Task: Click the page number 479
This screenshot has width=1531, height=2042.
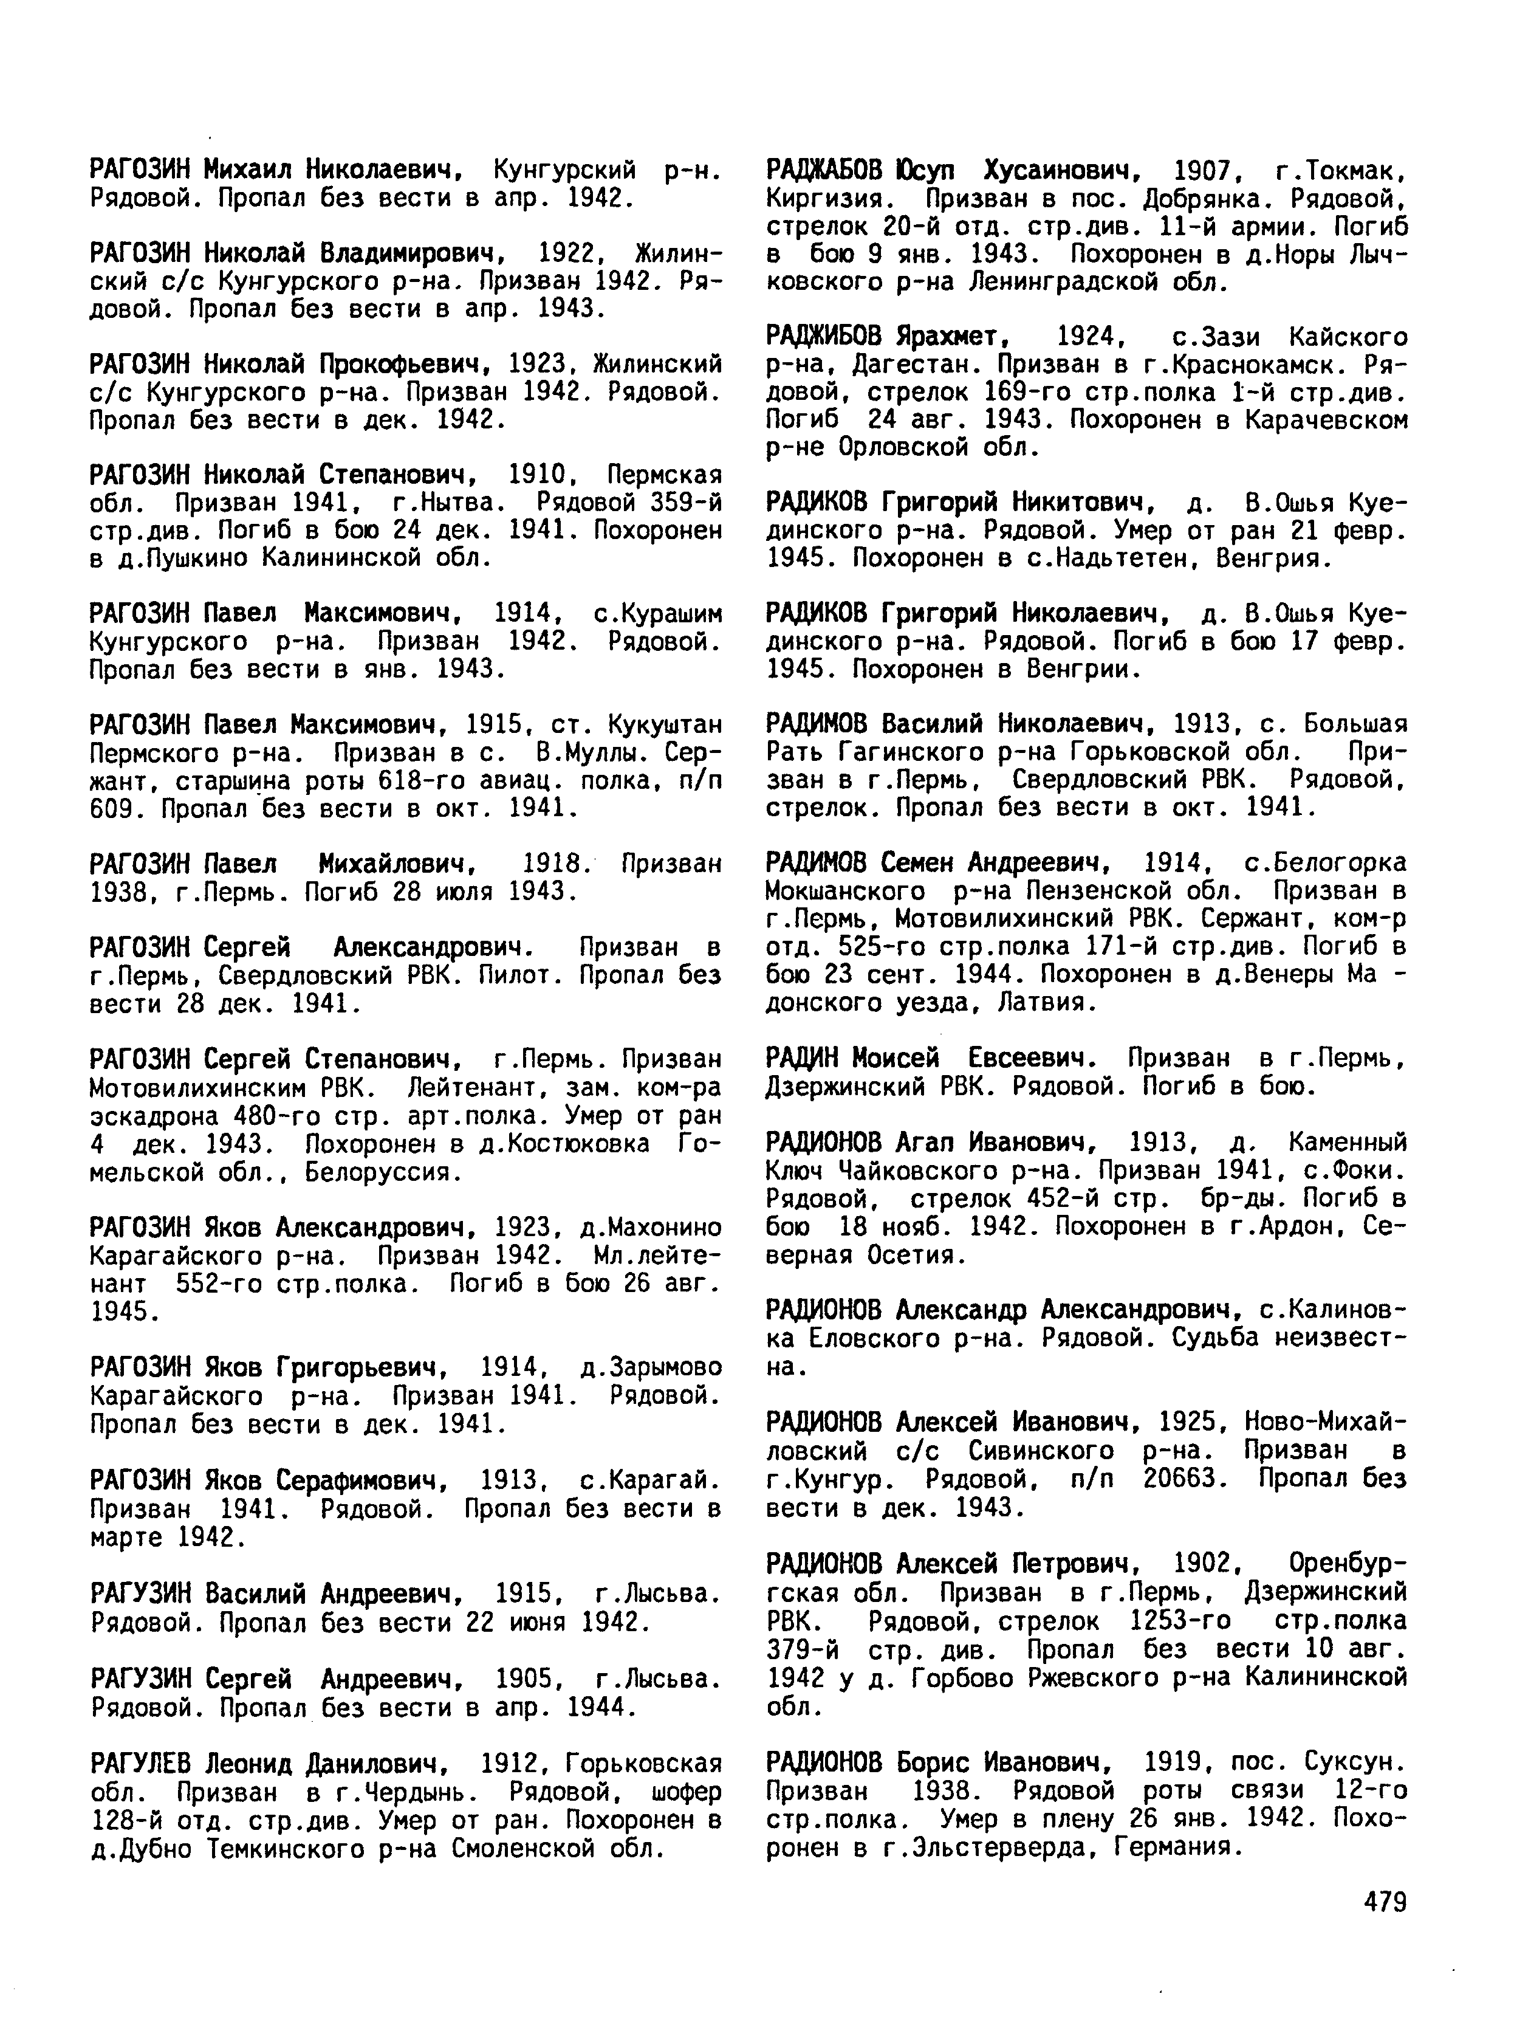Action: point(1382,1902)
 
